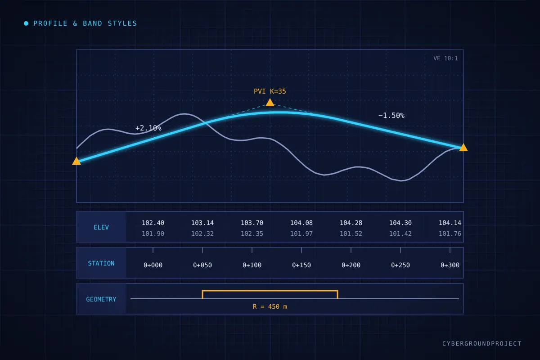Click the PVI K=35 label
(270, 91)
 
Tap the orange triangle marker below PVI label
(270, 103)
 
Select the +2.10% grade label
(148, 128)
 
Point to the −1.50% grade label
(391, 116)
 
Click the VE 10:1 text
(445, 58)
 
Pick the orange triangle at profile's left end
(76, 161)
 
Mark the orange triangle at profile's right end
(463, 147)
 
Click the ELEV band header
(101, 227)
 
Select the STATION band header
(101, 263)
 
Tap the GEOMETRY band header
(101, 299)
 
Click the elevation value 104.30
(400, 223)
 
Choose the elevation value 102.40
(153, 223)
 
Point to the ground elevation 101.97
(301, 234)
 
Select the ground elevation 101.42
(400, 234)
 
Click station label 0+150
(301, 265)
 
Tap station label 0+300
(450, 265)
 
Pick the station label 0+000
(153, 265)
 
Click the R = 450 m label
(270, 306)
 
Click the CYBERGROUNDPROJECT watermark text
(482, 343)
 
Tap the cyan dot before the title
(26, 23)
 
